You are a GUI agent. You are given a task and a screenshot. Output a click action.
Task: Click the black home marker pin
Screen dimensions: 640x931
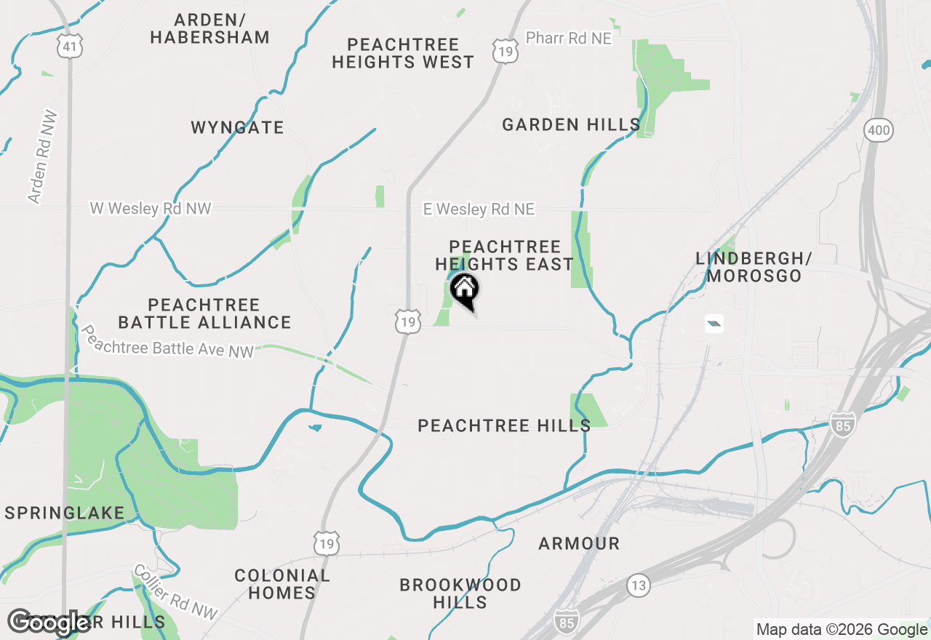click(x=464, y=290)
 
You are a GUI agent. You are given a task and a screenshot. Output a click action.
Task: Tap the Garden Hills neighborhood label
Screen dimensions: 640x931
click(x=571, y=125)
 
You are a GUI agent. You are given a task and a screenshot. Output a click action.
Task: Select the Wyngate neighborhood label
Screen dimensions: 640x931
click(x=237, y=128)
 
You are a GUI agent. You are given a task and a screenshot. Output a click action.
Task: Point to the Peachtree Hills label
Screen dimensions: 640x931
click(x=504, y=425)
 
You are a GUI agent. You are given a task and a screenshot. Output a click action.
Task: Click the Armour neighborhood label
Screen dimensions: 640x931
click(x=579, y=543)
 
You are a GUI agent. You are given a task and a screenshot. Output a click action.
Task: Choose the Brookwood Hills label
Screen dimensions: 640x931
click(x=460, y=593)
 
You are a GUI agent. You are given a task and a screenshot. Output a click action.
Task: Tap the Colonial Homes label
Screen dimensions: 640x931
click(x=282, y=584)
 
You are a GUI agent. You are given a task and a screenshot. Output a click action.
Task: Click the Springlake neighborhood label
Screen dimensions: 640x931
click(x=65, y=513)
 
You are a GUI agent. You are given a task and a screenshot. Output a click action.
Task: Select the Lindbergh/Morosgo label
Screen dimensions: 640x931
click(x=754, y=267)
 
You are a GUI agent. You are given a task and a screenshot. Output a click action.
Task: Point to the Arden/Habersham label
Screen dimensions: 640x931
click(x=209, y=28)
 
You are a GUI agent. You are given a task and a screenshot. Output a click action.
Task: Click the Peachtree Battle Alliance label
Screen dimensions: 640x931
click(x=204, y=313)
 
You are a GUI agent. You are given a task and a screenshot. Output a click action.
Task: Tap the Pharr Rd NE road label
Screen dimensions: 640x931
click(x=569, y=38)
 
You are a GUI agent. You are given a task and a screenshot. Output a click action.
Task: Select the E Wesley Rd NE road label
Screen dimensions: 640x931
click(x=479, y=209)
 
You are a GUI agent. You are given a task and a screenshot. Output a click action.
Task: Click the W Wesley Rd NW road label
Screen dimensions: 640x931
click(x=151, y=209)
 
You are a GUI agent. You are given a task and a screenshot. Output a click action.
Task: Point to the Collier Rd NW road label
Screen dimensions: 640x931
click(x=175, y=593)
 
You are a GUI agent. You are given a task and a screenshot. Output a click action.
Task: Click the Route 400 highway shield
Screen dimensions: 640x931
click(x=878, y=131)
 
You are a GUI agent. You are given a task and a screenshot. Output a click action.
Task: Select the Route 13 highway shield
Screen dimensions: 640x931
click(x=638, y=585)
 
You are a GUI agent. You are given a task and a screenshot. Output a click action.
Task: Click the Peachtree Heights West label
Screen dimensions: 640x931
click(x=403, y=53)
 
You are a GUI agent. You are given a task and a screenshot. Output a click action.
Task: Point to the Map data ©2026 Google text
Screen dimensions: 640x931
click(x=842, y=630)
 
